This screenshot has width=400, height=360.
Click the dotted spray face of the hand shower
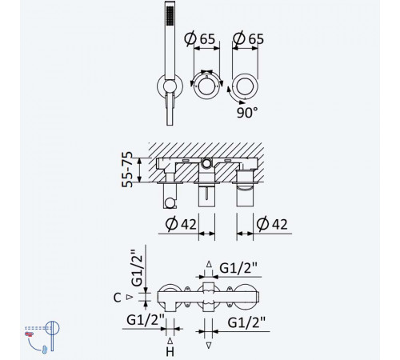[170, 15]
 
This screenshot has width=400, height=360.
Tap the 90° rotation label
[247, 113]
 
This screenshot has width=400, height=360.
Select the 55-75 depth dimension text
[127, 170]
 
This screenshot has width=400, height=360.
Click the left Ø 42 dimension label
[181, 224]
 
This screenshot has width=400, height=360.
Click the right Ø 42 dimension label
[272, 224]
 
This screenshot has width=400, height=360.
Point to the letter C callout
[117, 298]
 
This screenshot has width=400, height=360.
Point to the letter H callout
[170, 352]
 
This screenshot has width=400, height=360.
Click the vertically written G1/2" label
[138, 268]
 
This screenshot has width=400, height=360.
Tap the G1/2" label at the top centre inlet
[238, 268]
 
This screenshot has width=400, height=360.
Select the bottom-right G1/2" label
[246, 322]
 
